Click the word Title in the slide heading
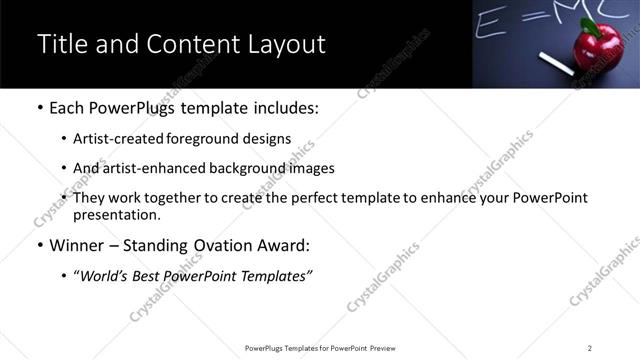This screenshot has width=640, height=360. pos(61,44)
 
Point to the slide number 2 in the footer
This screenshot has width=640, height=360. pos(589,348)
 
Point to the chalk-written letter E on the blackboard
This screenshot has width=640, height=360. pos(489,18)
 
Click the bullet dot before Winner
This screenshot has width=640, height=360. pos(39,245)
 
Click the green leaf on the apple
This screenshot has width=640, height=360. pos(591,25)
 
